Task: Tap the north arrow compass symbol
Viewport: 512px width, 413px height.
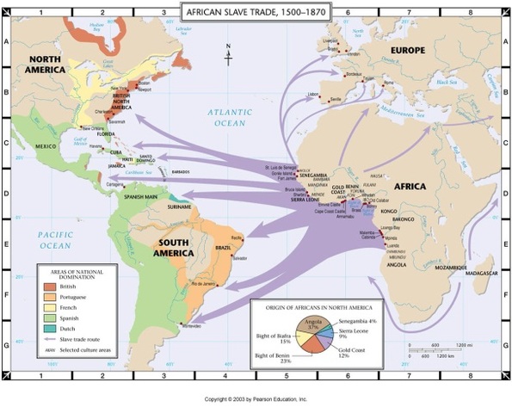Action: (x=228, y=54)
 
